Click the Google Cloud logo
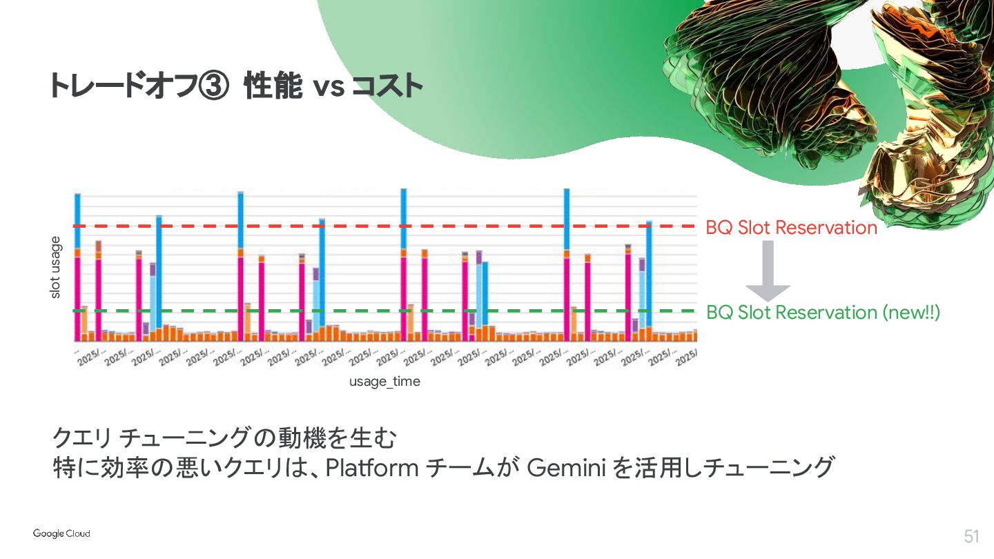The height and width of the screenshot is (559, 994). (x=61, y=533)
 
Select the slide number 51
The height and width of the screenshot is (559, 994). (x=972, y=536)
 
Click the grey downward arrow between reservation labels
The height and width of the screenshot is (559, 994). (x=768, y=271)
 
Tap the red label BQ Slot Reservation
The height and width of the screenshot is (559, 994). (x=791, y=227)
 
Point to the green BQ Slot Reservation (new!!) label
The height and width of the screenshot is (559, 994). (x=823, y=313)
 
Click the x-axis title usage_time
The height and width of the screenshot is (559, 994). (x=384, y=381)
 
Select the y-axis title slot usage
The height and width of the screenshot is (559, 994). (x=56, y=268)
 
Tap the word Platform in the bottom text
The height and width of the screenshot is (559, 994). (x=371, y=468)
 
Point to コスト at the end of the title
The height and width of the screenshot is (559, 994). (x=387, y=87)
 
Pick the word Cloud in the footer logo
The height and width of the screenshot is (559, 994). (x=77, y=533)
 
